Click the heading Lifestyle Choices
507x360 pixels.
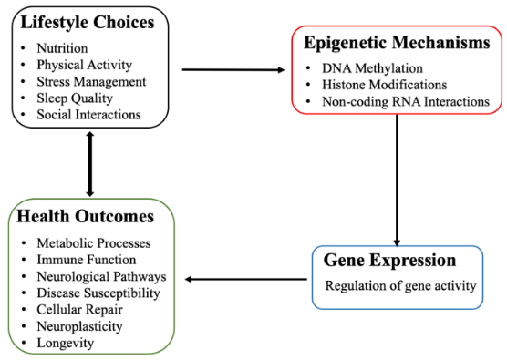tap(88, 21)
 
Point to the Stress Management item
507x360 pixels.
tap(92, 80)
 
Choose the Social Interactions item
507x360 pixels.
tap(88, 114)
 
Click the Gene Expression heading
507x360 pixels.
tap(390, 261)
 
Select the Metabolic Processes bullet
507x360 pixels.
tap(94, 243)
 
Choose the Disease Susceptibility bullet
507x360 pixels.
tap(98, 293)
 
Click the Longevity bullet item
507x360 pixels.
tap(67, 342)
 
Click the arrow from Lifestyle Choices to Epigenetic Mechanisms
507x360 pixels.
tap(233, 69)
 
